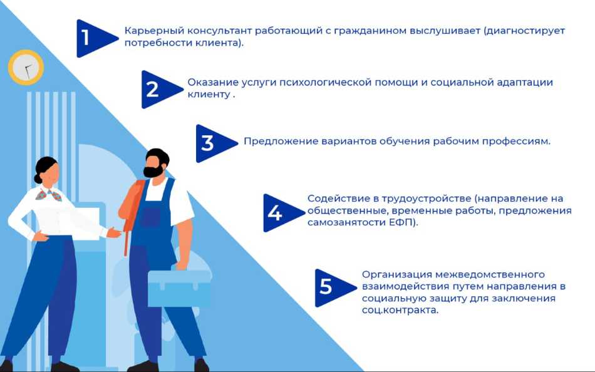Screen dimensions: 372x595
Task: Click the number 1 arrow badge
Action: [x=94, y=38]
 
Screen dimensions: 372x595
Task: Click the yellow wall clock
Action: [x=26, y=67]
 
